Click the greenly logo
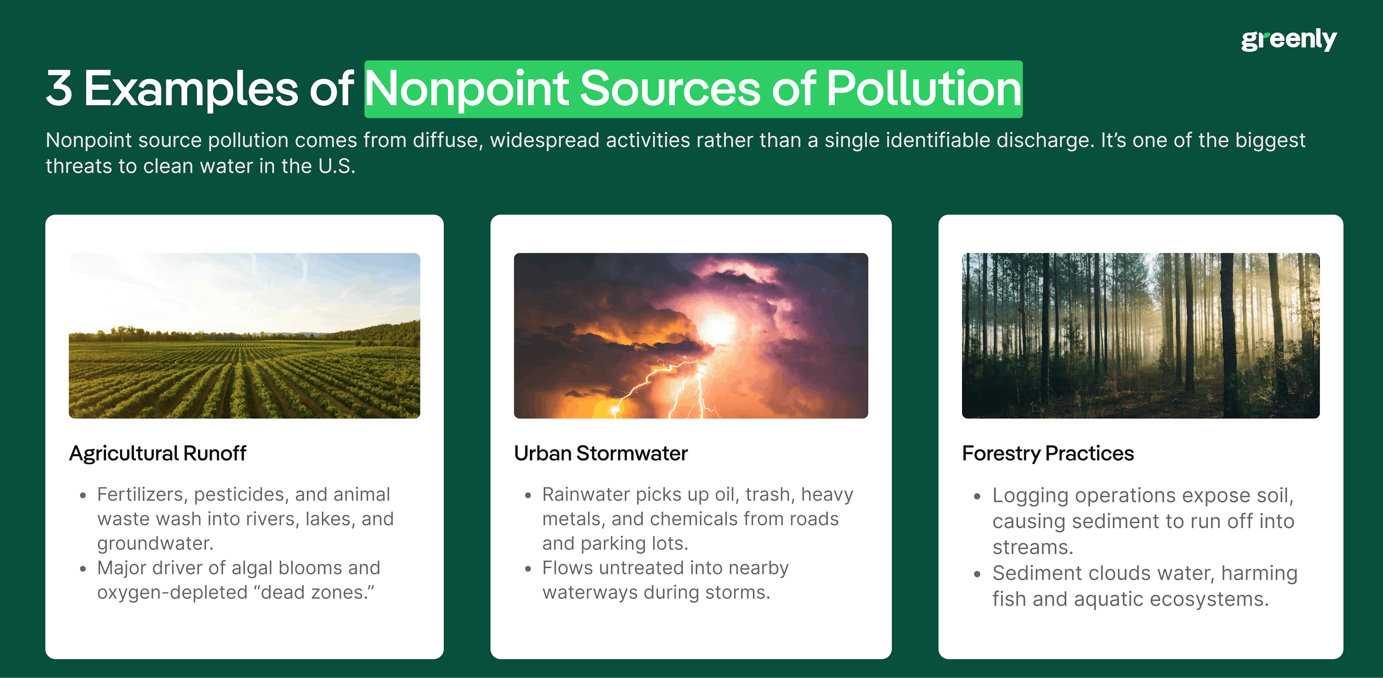1288,39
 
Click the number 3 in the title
59,88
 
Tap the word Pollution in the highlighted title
924,88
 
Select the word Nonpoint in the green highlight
467,88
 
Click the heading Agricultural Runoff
157,454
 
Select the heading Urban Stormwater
600,454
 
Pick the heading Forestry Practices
1048,454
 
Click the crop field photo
244,335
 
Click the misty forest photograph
1140,335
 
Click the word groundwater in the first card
155,544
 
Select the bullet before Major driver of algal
83,568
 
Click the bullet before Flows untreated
528,568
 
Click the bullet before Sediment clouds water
977,574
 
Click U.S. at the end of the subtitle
336,166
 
